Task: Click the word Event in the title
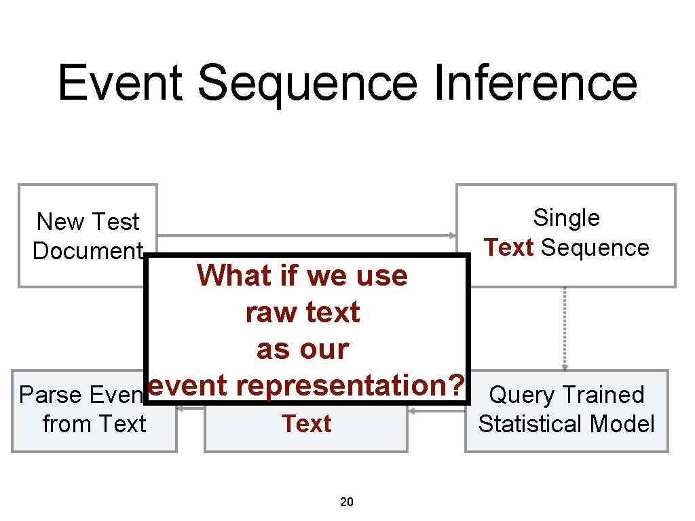coord(121,83)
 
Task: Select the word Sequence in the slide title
coord(307,83)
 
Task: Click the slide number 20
coord(346,503)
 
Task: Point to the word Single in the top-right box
coord(566,218)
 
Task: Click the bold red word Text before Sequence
coord(509,248)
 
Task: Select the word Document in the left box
coord(88,251)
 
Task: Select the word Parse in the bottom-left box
coord(50,395)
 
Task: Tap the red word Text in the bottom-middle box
coord(306,424)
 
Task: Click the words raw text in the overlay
coord(302,313)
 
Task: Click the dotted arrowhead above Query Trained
coord(565,367)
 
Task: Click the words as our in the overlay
coord(302,349)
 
